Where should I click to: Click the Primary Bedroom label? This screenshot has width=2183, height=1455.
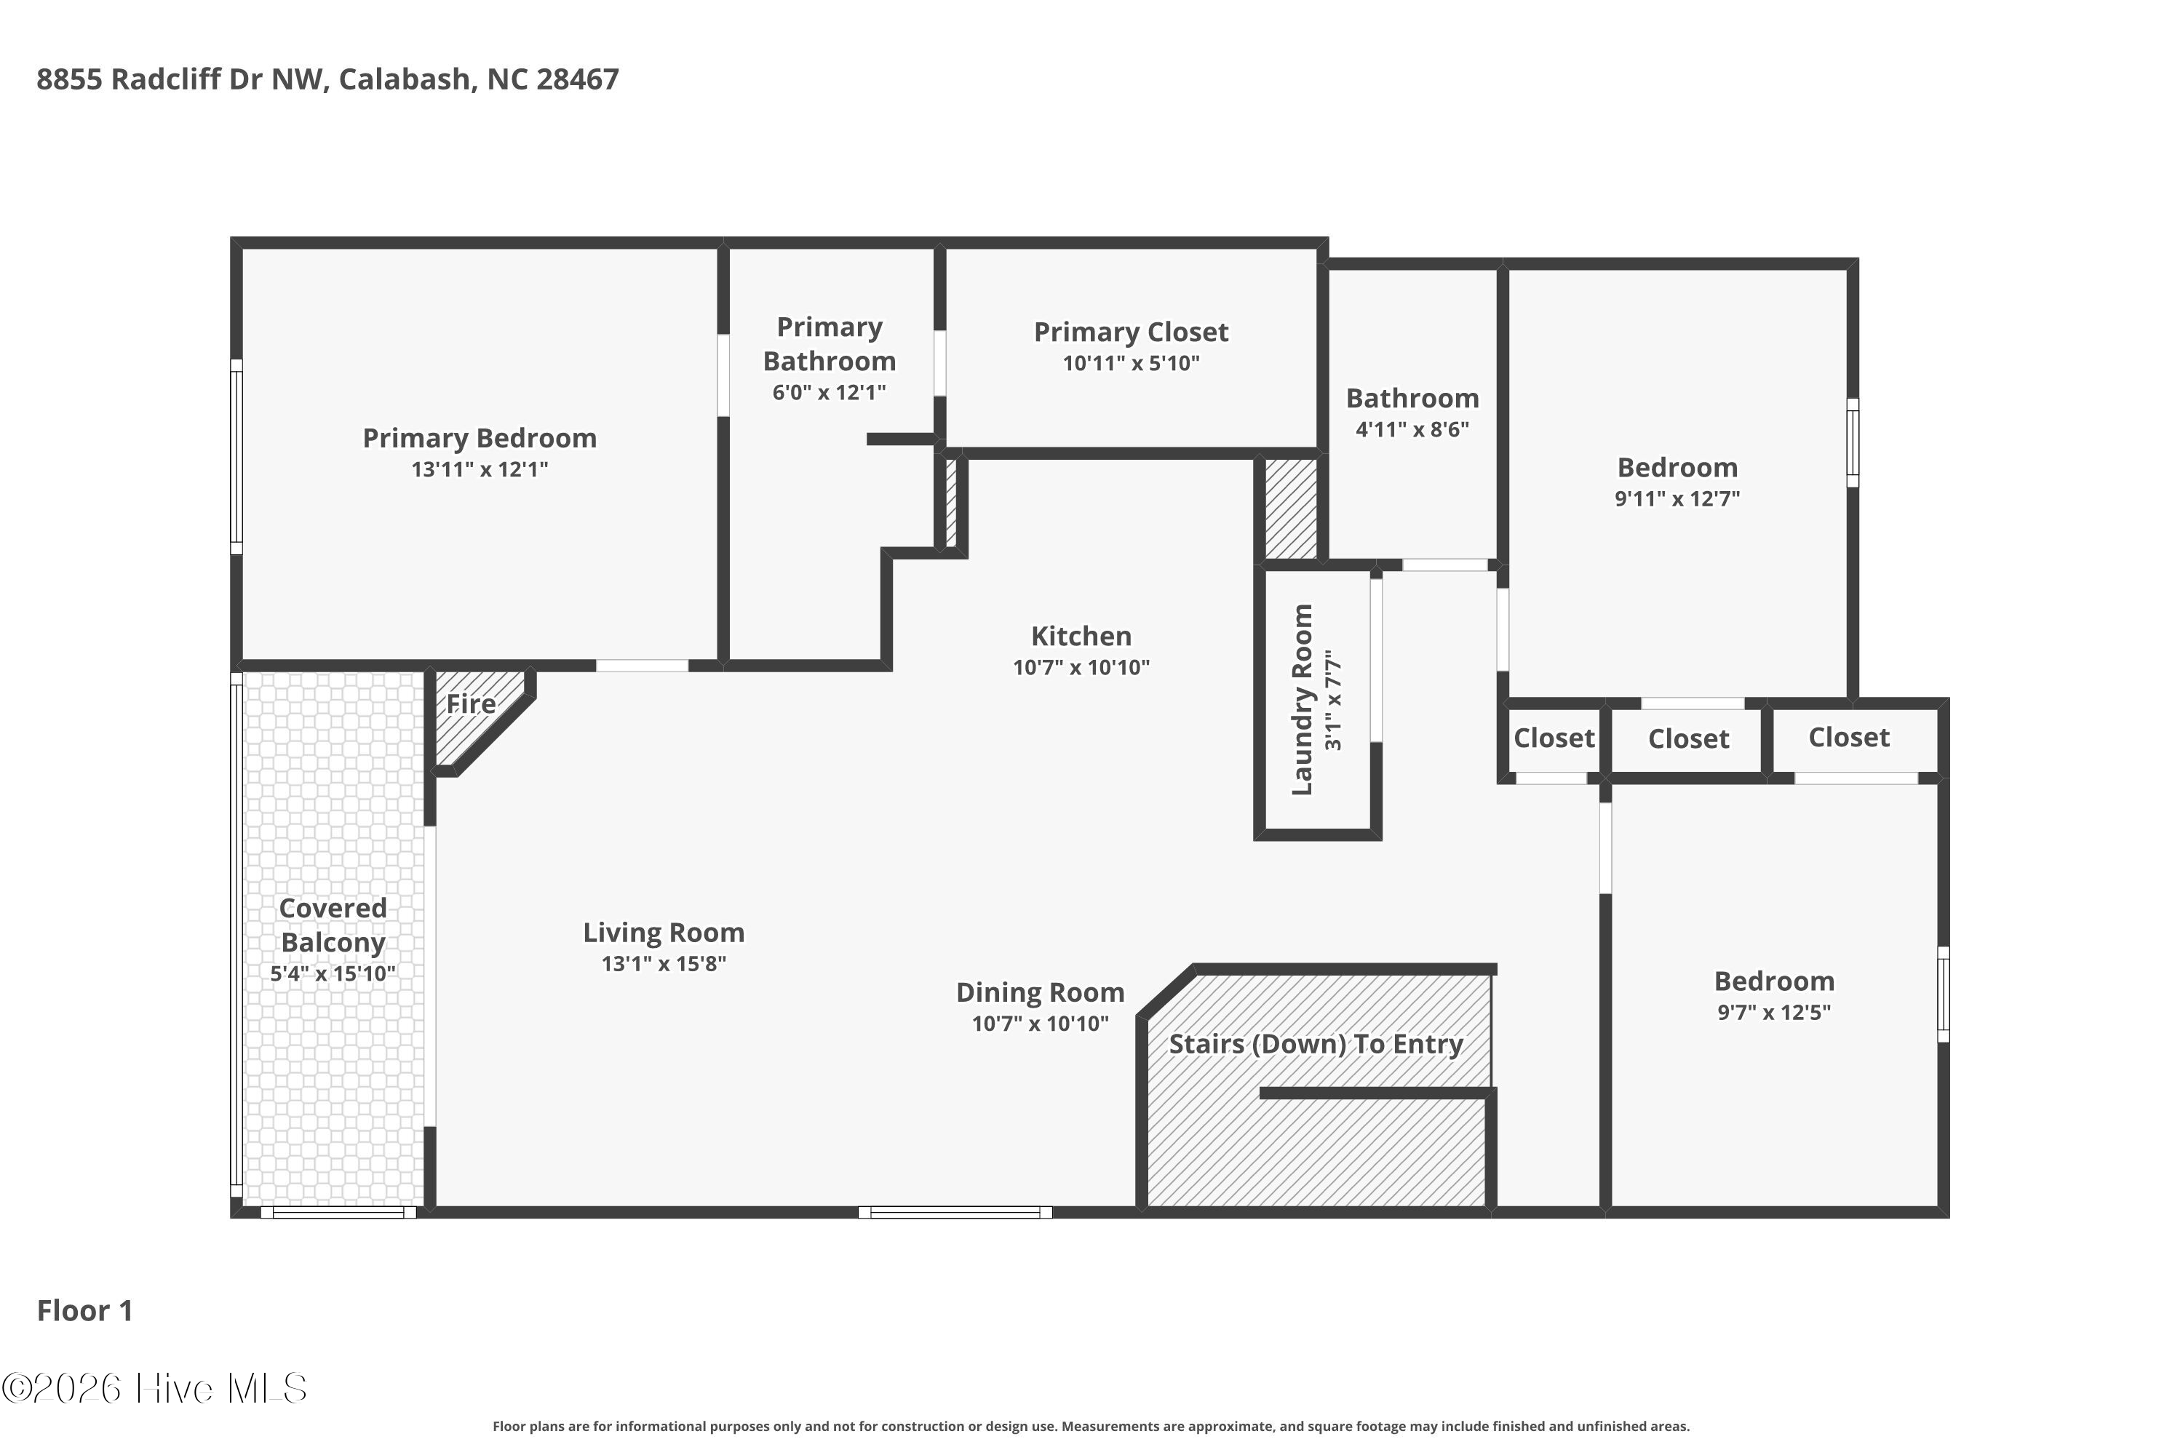(x=479, y=438)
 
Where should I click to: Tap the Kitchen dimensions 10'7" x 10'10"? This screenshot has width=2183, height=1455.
(x=1081, y=667)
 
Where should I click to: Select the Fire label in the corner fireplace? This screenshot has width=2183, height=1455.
(x=471, y=704)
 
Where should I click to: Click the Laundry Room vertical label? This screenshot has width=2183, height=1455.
(x=1303, y=700)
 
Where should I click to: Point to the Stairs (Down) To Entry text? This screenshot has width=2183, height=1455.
(x=1315, y=1045)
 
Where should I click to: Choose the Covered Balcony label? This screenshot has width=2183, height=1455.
(x=333, y=925)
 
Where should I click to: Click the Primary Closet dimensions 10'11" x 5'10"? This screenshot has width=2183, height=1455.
(x=1131, y=364)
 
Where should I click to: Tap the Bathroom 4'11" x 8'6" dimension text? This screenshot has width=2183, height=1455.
(x=1412, y=430)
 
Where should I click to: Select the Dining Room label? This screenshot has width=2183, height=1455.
(x=1040, y=993)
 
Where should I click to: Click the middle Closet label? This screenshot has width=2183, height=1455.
(x=1688, y=740)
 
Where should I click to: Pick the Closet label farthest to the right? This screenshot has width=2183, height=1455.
(x=1849, y=738)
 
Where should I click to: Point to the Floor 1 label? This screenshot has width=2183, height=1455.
(x=84, y=1311)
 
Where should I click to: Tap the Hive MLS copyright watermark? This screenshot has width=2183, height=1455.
(x=154, y=1389)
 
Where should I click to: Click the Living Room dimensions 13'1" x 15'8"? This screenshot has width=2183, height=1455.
(x=663, y=964)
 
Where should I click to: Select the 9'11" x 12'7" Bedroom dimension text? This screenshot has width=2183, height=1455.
(x=1677, y=498)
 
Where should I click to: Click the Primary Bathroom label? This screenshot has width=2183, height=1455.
(x=829, y=344)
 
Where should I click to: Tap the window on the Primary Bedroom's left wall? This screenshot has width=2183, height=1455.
(x=236, y=457)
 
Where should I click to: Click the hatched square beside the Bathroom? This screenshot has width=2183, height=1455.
(x=1290, y=509)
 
